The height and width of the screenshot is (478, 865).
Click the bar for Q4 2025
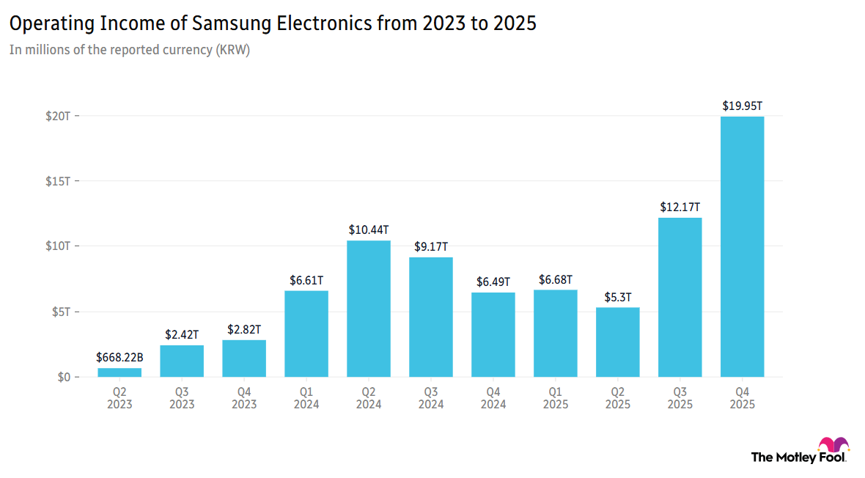coord(742,246)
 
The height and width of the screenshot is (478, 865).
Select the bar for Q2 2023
coord(119,372)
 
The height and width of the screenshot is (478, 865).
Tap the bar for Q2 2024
coord(369,309)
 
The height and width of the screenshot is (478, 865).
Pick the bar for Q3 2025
coord(680,297)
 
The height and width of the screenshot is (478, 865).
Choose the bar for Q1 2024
coord(306,334)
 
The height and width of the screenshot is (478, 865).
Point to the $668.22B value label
coord(119,358)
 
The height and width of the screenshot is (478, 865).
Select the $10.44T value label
coord(369,230)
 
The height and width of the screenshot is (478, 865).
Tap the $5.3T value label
coord(617,298)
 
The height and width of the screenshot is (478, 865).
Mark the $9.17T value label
coord(431,247)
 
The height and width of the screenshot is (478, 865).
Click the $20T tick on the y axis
coord(57,116)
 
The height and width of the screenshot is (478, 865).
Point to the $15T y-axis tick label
coord(57,181)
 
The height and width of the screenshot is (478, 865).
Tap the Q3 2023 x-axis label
coord(182,397)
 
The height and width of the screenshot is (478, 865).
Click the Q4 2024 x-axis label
coord(493,397)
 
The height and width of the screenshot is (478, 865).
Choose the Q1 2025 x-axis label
coord(556,397)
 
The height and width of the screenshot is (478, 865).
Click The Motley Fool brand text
coord(798,457)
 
